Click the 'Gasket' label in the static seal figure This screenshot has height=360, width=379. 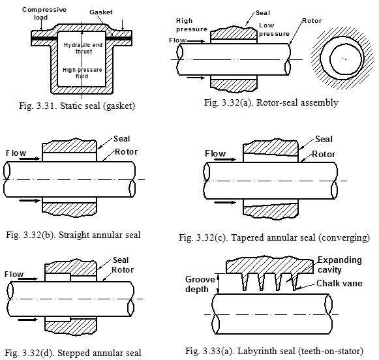pos(101,12)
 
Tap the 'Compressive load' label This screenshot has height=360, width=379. pos(44,13)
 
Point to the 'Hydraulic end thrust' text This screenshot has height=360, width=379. pos(83,48)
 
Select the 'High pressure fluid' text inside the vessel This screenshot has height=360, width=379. pos(82,73)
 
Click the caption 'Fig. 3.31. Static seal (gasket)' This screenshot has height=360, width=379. pos(77,106)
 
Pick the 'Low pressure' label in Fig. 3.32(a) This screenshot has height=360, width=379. pos(274,29)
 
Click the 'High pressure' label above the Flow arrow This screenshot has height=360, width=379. pos(192,25)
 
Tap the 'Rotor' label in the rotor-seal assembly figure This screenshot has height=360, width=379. pos(312,21)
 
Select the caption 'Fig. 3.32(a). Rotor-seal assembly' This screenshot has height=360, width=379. pos(271,102)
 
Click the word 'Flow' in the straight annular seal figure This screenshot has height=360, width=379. pos(16,153)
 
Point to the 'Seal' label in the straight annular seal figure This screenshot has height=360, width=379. pos(121,139)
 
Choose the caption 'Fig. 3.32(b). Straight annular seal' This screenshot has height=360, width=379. pos(73,235)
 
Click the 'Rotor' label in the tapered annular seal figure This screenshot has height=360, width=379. pos(324,154)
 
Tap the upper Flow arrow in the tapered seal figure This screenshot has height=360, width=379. pos(225,160)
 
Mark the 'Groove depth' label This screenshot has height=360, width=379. pos(200,284)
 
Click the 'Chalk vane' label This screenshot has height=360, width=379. pos(339,283)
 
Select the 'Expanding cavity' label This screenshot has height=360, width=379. pos(339,265)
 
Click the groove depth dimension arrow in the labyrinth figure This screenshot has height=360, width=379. pos(219,284)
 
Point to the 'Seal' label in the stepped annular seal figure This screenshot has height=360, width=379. pos(121,260)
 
